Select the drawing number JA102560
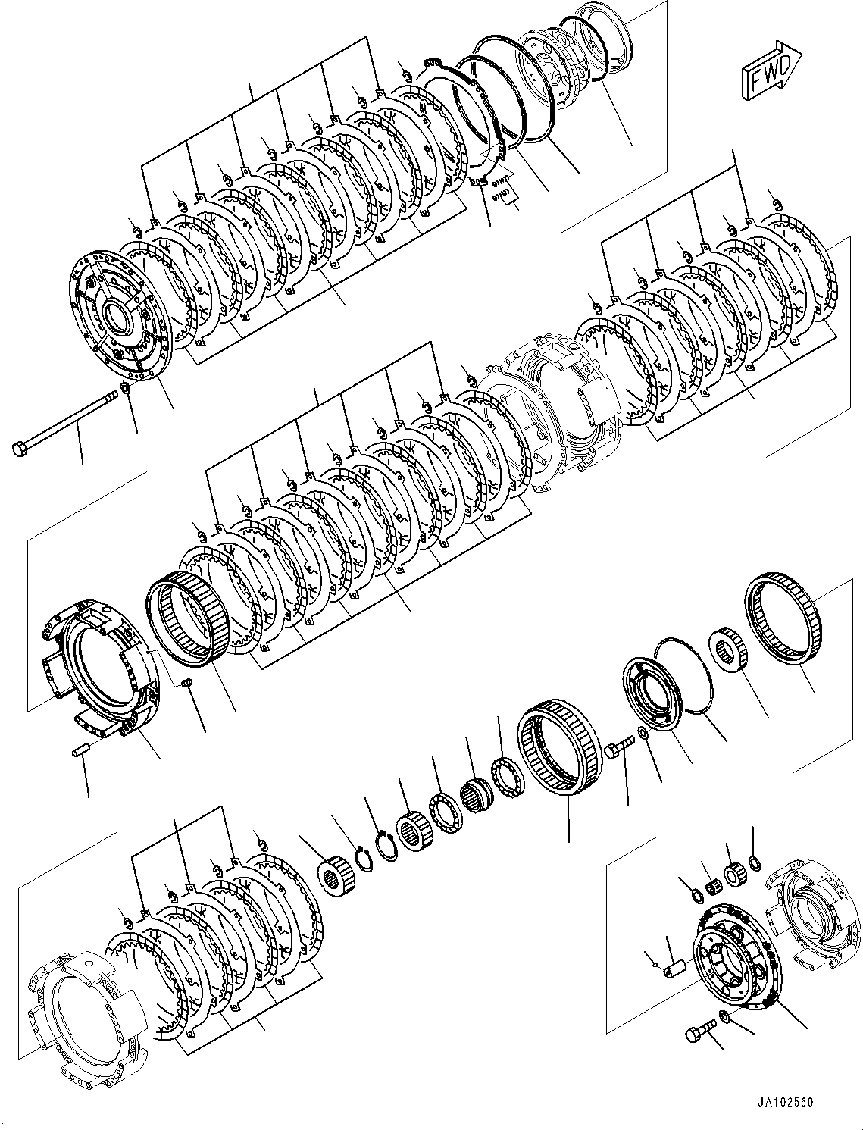click(x=783, y=1103)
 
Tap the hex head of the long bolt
click(x=20, y=448)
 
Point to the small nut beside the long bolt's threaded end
click(x=127, y=390)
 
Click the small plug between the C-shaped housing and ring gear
click(x=188, y=685)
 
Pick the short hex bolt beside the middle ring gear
click(x=616, y=751)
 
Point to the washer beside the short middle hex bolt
click(x=643, y=733)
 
